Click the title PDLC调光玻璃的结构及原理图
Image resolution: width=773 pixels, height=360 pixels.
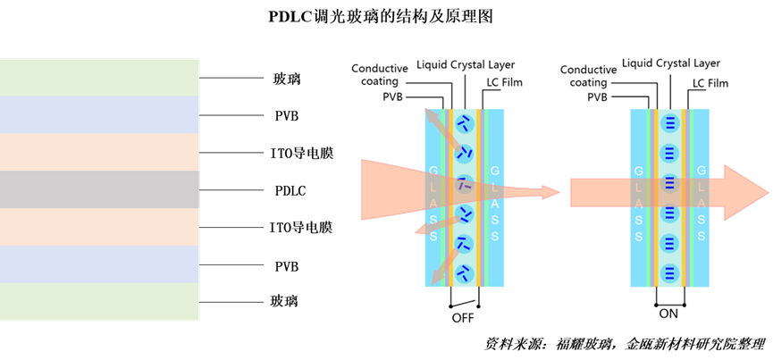381,16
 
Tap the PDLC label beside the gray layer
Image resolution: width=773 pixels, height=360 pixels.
290,190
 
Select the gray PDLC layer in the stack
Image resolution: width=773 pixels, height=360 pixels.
99,189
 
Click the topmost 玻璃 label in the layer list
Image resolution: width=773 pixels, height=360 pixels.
286,79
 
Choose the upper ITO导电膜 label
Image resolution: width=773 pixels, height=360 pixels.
302,153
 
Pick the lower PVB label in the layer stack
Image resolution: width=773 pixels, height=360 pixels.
287,267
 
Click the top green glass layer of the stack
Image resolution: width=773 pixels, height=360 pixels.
99,78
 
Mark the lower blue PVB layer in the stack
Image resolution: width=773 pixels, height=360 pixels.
99,264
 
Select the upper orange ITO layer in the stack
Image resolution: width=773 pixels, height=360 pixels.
99,152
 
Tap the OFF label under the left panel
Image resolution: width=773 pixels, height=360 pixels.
463,318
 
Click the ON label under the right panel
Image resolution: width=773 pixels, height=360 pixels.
668,314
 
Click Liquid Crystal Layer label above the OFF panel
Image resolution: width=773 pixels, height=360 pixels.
466,64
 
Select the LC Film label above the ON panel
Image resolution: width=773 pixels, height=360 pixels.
710,83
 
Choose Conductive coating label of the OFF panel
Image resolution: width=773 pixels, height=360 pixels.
380,74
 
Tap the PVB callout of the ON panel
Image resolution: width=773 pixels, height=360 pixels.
597,97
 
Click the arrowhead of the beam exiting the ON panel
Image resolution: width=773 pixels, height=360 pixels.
746,192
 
